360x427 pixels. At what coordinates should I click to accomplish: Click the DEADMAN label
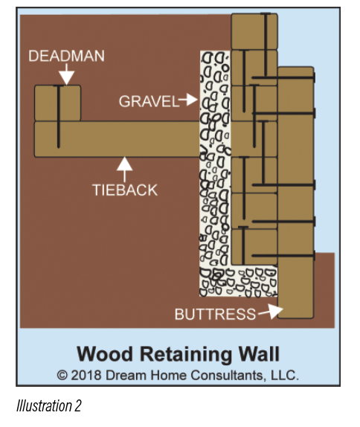coord(66,56)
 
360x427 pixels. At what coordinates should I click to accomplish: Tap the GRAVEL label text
coord(149,101)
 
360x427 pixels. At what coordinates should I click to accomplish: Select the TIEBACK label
coord(125,190)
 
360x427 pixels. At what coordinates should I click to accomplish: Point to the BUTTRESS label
coord(215,314)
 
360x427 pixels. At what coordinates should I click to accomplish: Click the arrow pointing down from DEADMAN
coord(66,74)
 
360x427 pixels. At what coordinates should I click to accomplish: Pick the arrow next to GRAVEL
coord(188,100)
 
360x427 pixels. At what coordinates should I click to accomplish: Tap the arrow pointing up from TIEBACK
coord(125,170)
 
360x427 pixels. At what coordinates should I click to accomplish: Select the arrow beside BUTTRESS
coord(271,311)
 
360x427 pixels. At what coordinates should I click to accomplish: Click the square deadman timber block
coord(58,103)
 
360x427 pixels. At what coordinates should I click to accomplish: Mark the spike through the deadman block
coord(58,117)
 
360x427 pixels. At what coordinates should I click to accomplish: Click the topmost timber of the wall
coord(254,31)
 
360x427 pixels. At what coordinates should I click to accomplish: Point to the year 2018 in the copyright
coord(86,375)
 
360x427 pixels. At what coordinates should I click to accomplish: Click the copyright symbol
coord(62,376)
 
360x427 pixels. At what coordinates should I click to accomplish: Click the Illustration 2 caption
coord(49,405)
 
